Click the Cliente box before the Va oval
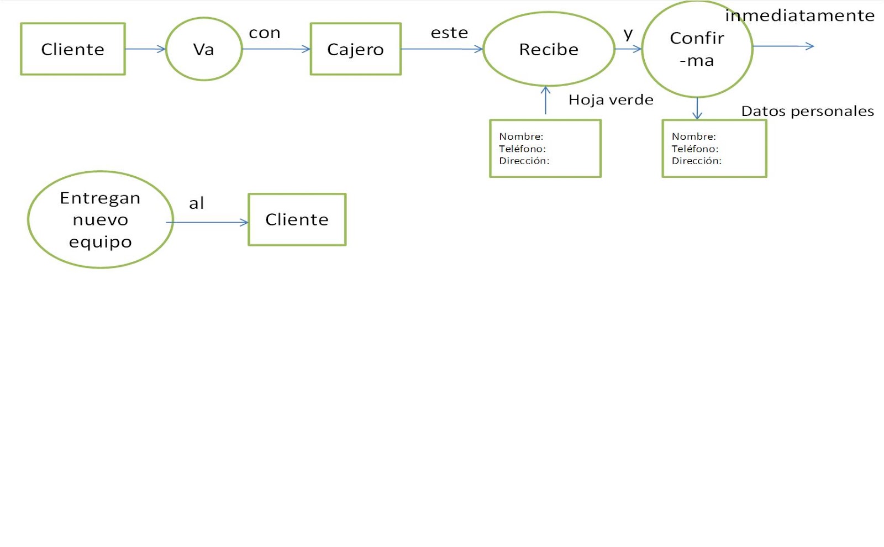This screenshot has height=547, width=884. pyautogui.click(x=72, y=49)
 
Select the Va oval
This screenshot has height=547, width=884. pyautogui.click(x=203, y=49)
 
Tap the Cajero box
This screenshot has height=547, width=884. pyautogui.click(x=355, y=49)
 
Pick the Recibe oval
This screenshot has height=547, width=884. pyautogui.click(x=548, y=49)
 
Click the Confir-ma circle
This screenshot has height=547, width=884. pyautogui.click(x=697, y=49)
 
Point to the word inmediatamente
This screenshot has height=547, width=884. pyautogui.click(x=799, y=15)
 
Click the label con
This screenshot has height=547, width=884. pyautogui.click(x=265, y=33)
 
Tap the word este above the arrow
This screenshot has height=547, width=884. pyautogui.click(x=449, y=33)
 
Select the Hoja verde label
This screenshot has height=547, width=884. pyautogui.click(x=611, y=100)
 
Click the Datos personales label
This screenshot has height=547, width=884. pyautogui.click(x=807, y=111)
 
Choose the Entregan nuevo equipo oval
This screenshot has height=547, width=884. pyautogui.click(x=100, y=220)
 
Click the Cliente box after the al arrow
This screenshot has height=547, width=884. pyautogui.click(x=297, y=220)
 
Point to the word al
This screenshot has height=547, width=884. pyautogui.click(x=196, y=203)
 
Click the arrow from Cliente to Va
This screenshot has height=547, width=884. pyautogui.click(x=145, y=49)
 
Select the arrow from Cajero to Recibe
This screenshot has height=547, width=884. pyautogui.click(x=441, y=49)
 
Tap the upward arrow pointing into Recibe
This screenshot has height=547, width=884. pyautogui.click(x=545, y=100)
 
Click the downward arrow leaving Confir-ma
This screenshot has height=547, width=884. pyautogui.click(x=697, y=108)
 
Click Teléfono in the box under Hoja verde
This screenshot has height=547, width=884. pyautogui.click(x=522, y=149)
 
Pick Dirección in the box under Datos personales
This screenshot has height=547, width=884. pyautogui.click(x=696, y=161)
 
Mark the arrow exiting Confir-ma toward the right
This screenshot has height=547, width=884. pyautogui.click(x=783, y=46)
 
